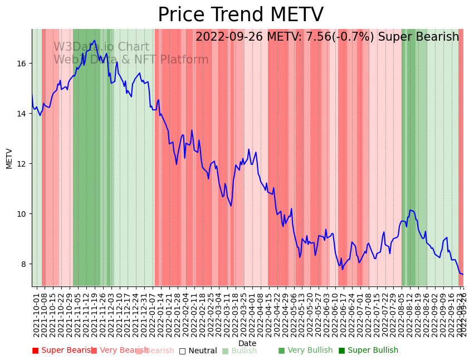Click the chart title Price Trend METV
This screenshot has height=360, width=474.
[240, 15]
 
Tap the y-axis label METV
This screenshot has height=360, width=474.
[9, 158]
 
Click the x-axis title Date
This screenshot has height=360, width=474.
[247, 343]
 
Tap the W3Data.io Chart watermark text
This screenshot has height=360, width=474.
[101, 47]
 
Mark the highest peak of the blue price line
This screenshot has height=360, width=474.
[95, 41]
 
